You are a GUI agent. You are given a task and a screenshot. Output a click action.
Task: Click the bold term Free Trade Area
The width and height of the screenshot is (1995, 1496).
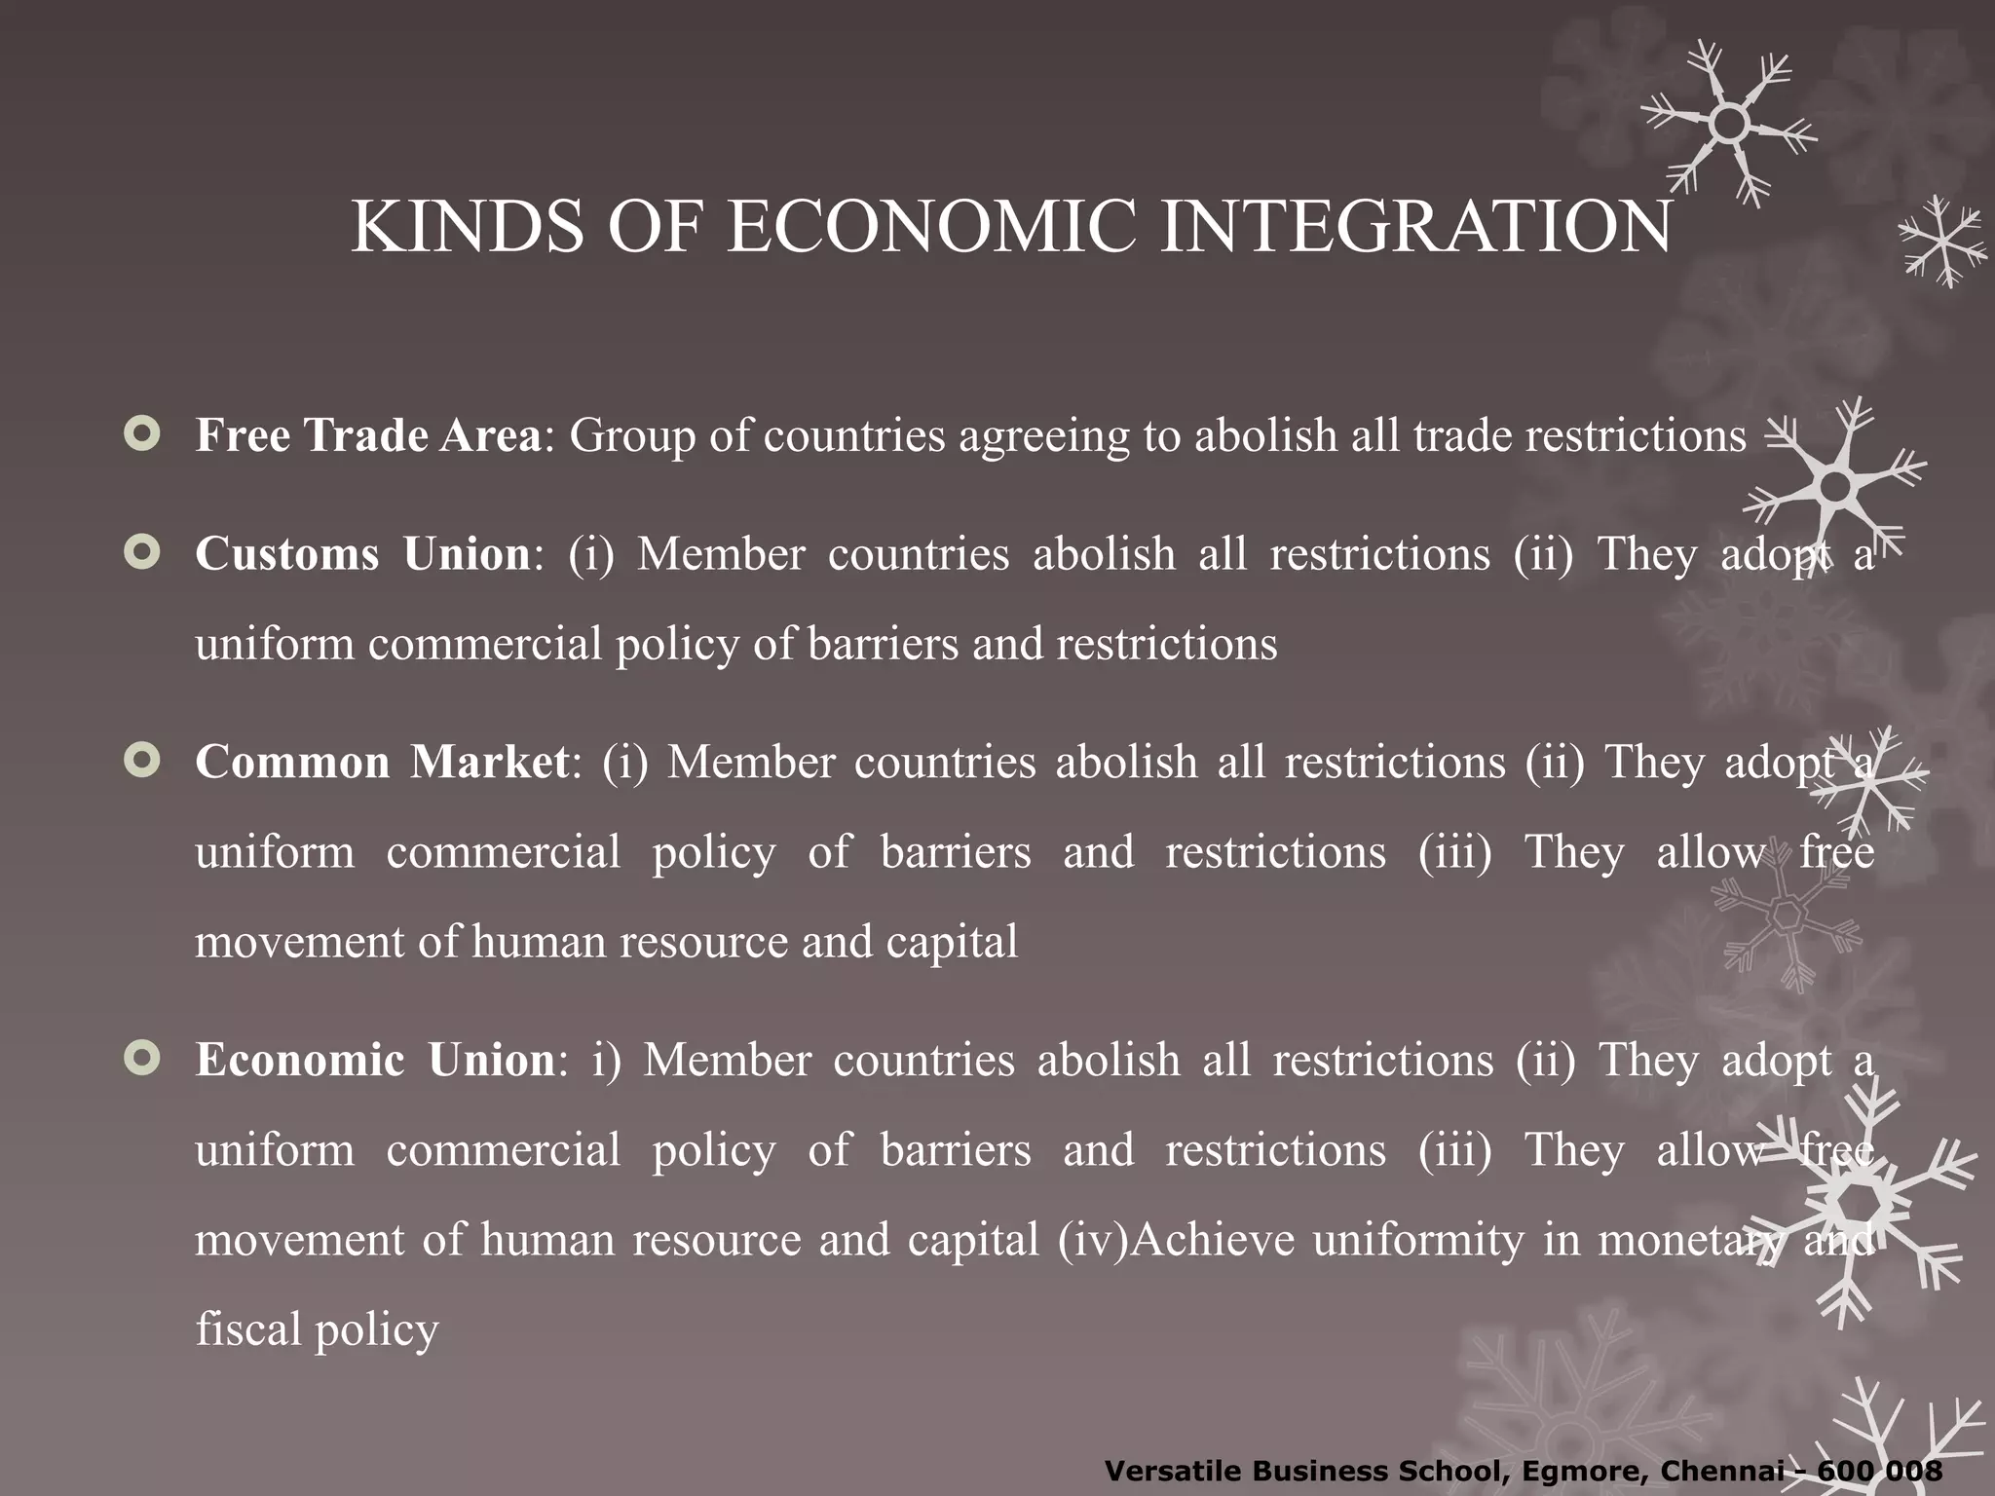point(368,435)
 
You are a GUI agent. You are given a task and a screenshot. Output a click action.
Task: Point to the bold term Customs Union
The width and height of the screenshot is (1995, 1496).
point(362,554)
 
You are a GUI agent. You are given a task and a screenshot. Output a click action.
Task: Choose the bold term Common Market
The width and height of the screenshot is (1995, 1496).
point(382,762)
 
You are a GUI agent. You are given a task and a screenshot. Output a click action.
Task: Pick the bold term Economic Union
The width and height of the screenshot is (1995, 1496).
point(375,1060)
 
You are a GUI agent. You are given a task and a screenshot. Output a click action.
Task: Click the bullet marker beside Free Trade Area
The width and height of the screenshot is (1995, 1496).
point(142,435)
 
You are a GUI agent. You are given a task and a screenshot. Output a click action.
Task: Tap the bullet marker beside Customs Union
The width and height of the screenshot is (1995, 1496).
point(142,554)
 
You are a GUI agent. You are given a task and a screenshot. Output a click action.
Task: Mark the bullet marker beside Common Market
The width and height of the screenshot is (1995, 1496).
point(142,762)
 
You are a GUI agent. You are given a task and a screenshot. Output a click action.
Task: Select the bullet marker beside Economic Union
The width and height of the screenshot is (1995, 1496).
point(142,1060)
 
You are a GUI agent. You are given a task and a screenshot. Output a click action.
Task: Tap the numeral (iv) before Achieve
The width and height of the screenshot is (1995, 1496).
point(1091,1241)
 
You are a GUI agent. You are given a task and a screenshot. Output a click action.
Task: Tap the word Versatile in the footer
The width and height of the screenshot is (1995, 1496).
point(1169,1471)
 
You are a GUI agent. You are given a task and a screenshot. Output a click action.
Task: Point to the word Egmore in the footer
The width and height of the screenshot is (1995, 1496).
point(1577,1471)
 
